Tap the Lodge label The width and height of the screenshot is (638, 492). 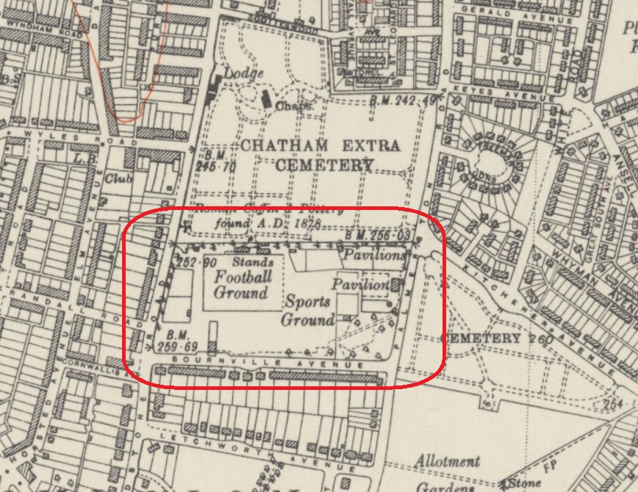pos(243,74)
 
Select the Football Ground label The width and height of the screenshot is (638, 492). pos(241,285)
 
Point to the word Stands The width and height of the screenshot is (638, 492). pos(254,261)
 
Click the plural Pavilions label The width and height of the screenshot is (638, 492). pos(373,256)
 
